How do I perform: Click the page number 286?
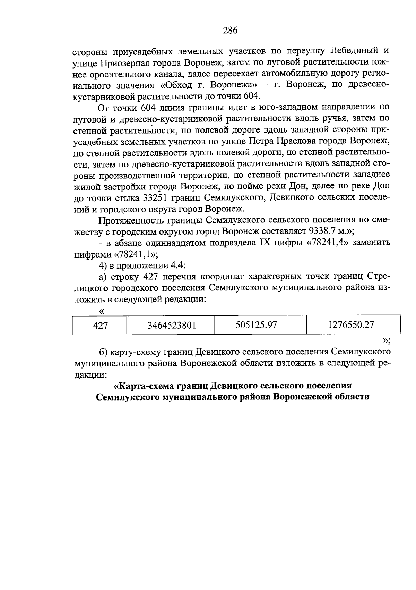[230, 31]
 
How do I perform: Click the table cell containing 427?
[100, 325]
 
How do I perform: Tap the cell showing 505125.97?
[256, 325]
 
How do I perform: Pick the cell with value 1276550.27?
[350, 325]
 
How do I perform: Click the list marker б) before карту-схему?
[103, 352]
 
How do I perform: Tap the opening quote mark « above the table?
[102, 310]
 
